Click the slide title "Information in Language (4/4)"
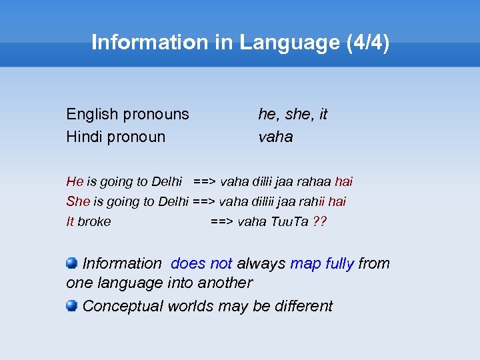coord(240,42)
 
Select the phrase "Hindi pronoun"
coord(115,137)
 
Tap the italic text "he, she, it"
coord(293,114)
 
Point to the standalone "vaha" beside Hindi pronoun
coord(275,137)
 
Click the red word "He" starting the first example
coord(75,181)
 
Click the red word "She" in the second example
coord(77,201)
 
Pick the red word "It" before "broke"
coord(70,221)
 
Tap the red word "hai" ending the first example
coord(343,181)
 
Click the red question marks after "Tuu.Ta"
coord(319,221)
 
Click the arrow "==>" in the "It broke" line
coord(222,221)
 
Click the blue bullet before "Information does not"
coord(72,263)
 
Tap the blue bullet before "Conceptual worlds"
coord(72,305)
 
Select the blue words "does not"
coord(201,263)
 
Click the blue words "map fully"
coord(321,263)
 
